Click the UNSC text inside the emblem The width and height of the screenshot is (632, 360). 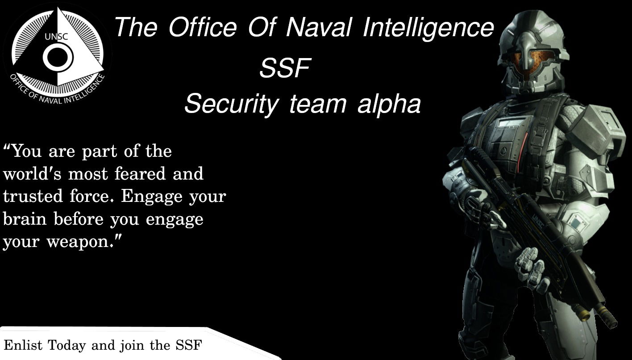pyautogui.click(x=56, y=37)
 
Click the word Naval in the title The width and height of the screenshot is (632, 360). pyautogui.click(x=319, y=27)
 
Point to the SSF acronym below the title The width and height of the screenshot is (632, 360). pyautogui.click(x=285, y=68)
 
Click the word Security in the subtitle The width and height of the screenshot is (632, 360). pyautogui.click(x=232, y=104)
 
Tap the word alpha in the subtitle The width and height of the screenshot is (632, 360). pyautogui.click(x=389, y=104)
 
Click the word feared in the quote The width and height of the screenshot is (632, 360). pyautogui.click(x=140, y=173)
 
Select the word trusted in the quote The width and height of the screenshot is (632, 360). pyautogui.click(x=33, y=196)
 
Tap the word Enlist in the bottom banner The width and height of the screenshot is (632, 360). pyautogui.click(x=23, y=345)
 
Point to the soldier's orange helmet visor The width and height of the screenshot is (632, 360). pyautogui.click(x=533, y=61)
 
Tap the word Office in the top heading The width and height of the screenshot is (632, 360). pyautogui.click(x=203, y=27)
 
